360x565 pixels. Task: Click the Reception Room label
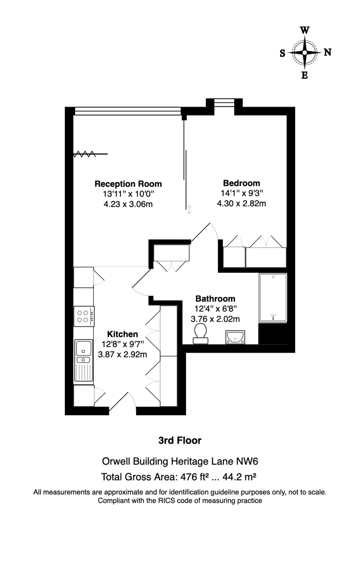pyautogui.click(x=128, y=184)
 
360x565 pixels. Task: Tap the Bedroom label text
pyautogui.click(x=241, y=183)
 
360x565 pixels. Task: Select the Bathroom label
pyautogui.click(x=215, y=299)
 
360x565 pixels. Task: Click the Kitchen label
pyautogui.click(x=122, y=334)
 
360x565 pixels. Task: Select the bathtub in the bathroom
pyautogui.click(x=272, y=297)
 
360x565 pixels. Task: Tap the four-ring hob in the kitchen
pyautogui.click(x=84, y=316)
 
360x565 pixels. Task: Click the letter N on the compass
pyautogui.click(x=328, y=52)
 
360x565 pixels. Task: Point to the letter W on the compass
pyautogui.click(x=304, y=30)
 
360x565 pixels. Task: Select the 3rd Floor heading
pyautogui.click(x=180, y=441)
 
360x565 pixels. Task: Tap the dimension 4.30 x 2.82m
pyautogui.click(x=241, y=203)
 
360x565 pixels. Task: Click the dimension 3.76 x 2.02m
pyautogui.click(x=215, y=319)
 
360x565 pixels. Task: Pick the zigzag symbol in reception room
pyautogui.click(x=84, y=154)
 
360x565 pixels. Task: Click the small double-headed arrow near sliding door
pyautogui.click(x=190, y=210)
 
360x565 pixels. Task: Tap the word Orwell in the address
pyautogui.click(x=116, y=461)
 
